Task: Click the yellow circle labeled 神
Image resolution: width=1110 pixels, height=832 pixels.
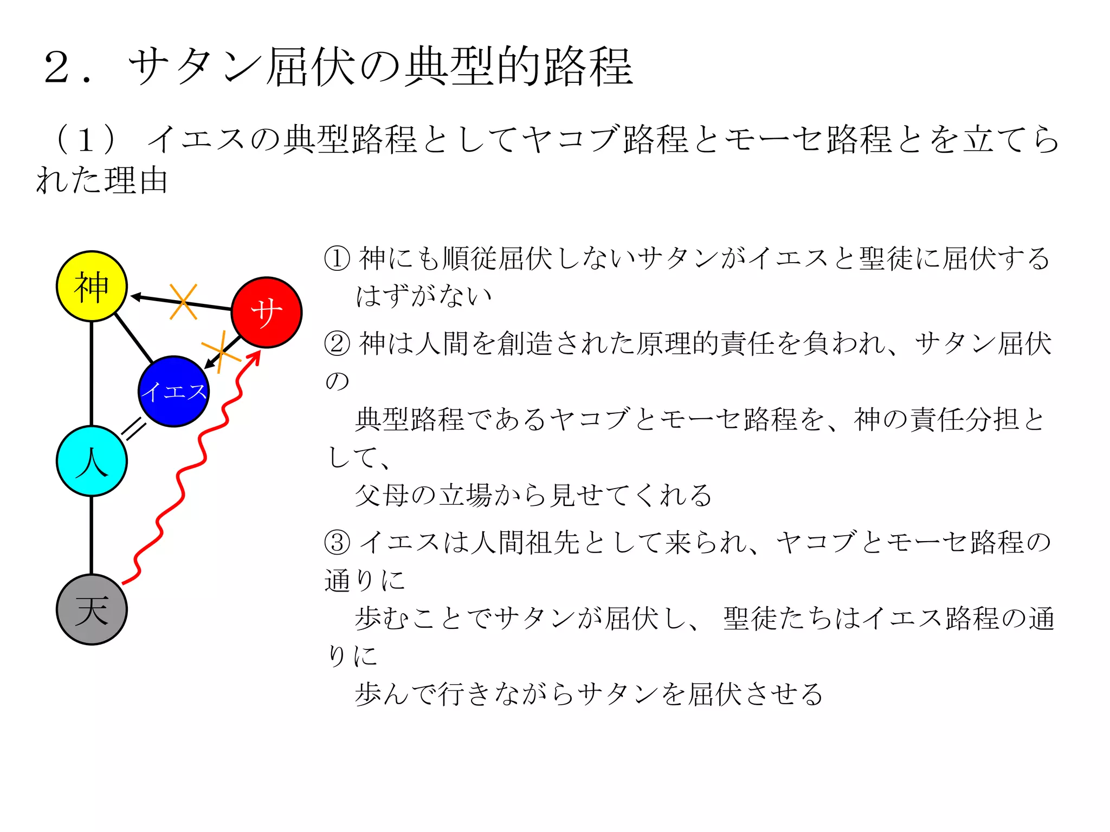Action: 92,286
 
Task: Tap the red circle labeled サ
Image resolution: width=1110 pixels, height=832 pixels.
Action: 266,312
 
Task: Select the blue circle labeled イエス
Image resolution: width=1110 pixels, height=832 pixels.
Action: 173,391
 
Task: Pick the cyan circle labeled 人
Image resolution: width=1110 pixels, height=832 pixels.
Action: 92,461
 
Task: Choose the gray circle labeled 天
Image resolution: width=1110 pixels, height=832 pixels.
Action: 92,609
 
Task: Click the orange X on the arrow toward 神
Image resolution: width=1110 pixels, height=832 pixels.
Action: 183,302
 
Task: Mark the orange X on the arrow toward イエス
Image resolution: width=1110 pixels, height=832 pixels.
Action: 221,352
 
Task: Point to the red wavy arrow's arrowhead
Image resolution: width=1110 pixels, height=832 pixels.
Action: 255,356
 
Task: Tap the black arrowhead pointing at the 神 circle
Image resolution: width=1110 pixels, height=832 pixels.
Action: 136,296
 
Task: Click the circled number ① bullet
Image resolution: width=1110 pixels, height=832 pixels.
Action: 337,258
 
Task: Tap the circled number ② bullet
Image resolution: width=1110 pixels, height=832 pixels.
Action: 337,343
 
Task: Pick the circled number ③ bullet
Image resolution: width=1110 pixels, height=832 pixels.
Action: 337,542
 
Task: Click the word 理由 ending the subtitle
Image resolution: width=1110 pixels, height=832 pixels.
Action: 135,180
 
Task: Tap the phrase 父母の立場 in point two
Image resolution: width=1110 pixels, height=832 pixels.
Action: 422,495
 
